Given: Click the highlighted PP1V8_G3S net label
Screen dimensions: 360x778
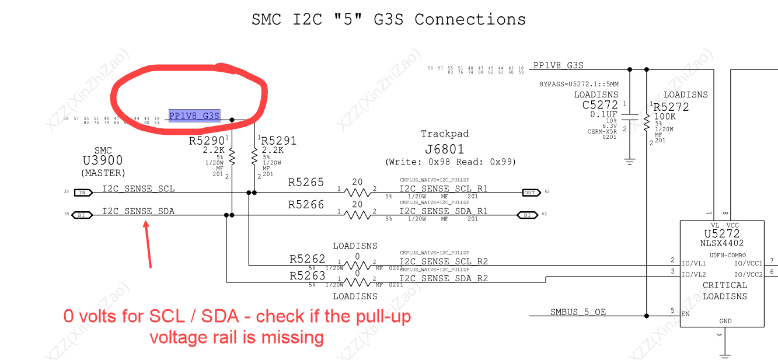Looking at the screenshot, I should point(194,116).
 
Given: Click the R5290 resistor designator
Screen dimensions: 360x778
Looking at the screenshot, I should point(207,141).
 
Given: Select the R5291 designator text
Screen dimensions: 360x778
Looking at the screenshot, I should point(278,141).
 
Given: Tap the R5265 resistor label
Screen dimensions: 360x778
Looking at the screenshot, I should point(306,183).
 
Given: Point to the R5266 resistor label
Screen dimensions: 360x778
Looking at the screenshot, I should point(306,205).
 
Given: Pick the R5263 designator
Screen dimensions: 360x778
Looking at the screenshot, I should point(307,276).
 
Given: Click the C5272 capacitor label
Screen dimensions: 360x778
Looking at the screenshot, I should point(600,106).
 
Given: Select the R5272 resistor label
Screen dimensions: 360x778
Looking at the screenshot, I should point(671,107).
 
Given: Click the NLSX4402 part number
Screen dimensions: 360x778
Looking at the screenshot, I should point(722,243).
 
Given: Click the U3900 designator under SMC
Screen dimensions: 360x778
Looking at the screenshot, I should point(103,161).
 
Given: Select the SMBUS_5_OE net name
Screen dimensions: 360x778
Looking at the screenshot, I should point(578,312).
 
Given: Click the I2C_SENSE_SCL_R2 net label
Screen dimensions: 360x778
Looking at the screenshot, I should point(444,262).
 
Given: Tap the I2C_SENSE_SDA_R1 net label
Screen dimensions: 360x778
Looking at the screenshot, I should point(444,211).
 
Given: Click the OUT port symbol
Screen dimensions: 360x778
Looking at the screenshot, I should point(529,193).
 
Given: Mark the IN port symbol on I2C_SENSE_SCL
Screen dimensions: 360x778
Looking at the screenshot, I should point(82,193).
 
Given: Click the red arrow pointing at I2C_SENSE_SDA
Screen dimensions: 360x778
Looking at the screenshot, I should point(148,245).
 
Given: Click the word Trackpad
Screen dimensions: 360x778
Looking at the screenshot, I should point(445,134).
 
